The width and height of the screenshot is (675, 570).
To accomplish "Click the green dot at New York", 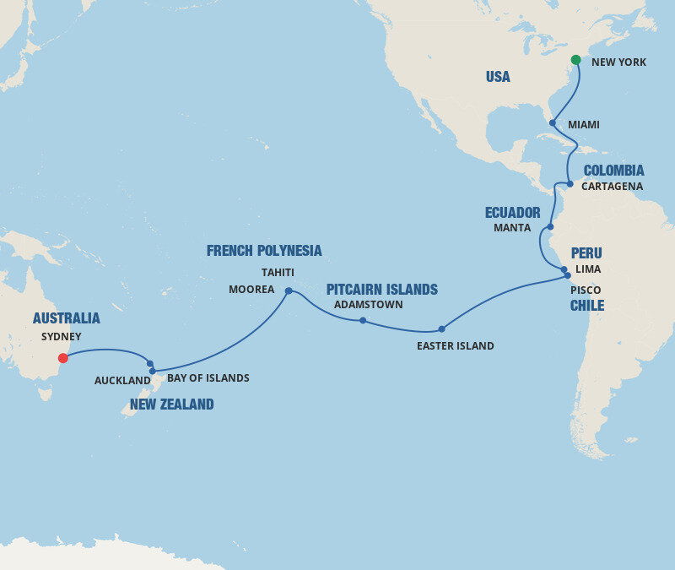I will (575, 60).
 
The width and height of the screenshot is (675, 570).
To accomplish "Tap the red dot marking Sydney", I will (62, 358).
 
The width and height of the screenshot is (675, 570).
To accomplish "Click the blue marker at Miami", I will (552, 123).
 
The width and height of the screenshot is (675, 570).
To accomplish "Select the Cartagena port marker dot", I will (570, 184).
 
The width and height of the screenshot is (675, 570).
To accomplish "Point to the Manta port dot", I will (550, 227).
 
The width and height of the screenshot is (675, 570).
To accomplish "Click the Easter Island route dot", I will (441, 329).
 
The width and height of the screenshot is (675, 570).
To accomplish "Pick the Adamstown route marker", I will (363, 320).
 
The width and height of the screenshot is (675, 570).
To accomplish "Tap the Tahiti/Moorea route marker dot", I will (289, 290).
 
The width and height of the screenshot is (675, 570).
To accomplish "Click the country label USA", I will (498, 77).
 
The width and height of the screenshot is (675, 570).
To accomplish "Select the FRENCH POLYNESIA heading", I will (264, 251).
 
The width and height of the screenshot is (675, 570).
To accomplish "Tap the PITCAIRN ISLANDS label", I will (382, 290).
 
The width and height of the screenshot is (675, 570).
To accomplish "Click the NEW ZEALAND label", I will (171, 404).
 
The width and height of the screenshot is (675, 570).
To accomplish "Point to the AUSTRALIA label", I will (66, 318).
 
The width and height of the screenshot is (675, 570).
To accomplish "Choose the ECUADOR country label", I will (512, 213).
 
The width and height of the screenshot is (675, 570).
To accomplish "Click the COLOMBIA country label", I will (613, 171).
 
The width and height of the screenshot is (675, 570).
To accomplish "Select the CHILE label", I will (587, 306).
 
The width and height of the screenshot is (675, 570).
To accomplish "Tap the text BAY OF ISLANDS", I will (208, 378).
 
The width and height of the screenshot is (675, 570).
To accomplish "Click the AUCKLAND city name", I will (122, 381).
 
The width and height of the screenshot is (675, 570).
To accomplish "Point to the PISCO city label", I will (586, 290).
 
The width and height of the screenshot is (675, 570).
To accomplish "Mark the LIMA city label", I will (587, 269).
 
